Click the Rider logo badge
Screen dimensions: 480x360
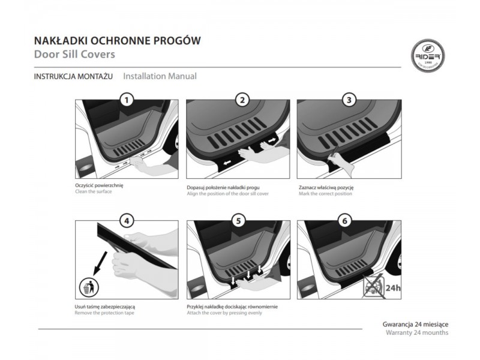[x=428, y=56]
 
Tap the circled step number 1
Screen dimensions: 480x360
[x=127, y=100]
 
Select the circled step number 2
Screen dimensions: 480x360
[x=242, y=100]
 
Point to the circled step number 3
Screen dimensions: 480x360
[x=349, y=100]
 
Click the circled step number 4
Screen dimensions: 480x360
[x=127, y=221]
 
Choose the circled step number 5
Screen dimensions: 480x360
[x=238, y=221]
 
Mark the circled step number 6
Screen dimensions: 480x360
[x=345, y=221]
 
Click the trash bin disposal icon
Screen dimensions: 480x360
[x=89, y=287]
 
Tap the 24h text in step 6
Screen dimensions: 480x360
[x=393, y=288]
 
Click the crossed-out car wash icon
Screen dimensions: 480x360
[x=374, y=286]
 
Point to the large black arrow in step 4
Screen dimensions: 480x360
[x=100, y=263]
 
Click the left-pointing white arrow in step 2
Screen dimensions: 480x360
[x=227, y=163]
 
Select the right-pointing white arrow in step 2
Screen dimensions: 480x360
[x=272, y=140]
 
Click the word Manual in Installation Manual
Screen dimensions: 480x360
[x=182, y=76]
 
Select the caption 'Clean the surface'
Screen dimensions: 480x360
[x=94, y=191]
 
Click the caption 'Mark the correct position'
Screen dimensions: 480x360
[x=325, y=194]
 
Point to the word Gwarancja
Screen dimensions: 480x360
[x=397, y=324]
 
